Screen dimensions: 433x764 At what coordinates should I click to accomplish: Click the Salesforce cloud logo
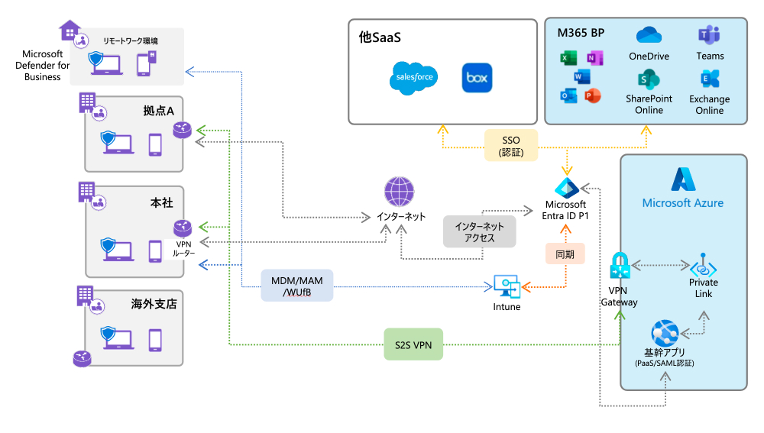tap(415, 78)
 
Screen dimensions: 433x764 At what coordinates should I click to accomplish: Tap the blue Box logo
tap(477, 78)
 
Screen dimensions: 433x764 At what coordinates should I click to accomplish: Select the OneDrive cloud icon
tap(648, 36)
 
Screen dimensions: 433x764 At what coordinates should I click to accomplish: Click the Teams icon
tap(709, 35)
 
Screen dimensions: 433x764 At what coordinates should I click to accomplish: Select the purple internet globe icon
tap(400, 192)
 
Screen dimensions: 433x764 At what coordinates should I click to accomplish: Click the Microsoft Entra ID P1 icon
tap(565, 187)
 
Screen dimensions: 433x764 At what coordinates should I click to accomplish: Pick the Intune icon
tap(506, 286)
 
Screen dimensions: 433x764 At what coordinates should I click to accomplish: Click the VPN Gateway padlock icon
tap(619, 266)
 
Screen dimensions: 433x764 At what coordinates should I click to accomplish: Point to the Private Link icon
tap(703, 266)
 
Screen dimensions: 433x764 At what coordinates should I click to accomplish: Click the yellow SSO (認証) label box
tap(510, 145)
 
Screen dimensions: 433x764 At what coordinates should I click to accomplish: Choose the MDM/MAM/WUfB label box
tap(297, 286)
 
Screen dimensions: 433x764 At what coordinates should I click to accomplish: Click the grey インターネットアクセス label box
tap(479, 232)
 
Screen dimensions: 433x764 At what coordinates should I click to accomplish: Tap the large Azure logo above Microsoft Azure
tap(682, 179)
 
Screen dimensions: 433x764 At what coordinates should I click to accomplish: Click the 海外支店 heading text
tap(153, 304)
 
